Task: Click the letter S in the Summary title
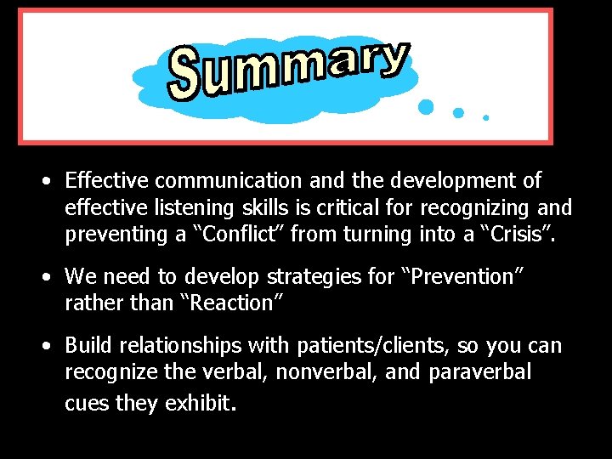(185, 75)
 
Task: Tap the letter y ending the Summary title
(392, 59)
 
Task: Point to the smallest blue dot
(485, 117)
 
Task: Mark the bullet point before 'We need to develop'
(50, 277)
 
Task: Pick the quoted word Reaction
(230, 303)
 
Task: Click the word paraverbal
(480, 372)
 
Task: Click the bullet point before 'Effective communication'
(50, 181)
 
